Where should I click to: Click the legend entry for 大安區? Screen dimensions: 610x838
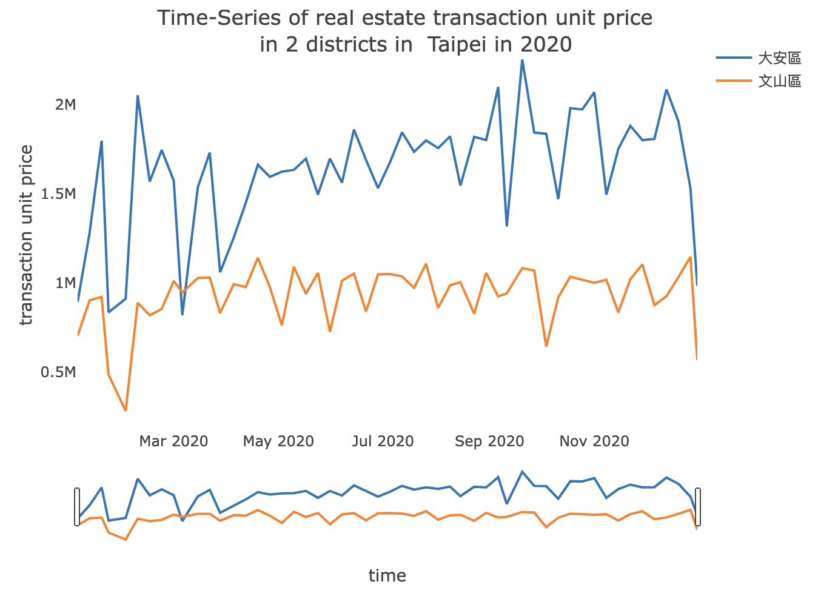tap(780, 59)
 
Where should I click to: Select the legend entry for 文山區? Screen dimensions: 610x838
tap(780, 81)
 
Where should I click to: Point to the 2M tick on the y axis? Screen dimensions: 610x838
tap(65, 105)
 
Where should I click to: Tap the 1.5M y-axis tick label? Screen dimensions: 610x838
tap(59, 194)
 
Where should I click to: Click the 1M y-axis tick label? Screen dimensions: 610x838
tap(65, 283)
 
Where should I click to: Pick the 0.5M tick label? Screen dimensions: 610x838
tap(59, 372)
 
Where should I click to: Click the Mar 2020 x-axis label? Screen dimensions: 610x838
tap(173, 441)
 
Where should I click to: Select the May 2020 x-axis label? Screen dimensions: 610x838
tap(278, 441)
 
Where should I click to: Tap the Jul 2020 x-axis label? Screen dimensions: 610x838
tap(383, 441)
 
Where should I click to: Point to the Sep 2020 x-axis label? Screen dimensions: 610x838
tap(489, 441)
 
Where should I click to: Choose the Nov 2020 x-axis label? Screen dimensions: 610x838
tap(594, 441)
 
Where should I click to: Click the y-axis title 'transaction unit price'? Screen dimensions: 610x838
tap(27, 235)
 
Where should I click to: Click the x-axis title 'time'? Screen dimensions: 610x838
tap(387, 575)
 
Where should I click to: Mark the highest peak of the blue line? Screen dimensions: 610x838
tap(522, 60)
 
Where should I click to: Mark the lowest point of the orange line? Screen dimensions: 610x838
tap(126, 411)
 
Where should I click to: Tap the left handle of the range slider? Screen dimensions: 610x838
tap(77, 506)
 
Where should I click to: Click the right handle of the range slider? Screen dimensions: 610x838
tap(698, 506)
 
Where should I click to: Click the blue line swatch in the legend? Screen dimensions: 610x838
tap(734, 59)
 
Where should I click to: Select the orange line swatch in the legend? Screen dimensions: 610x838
tap(734, 81)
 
